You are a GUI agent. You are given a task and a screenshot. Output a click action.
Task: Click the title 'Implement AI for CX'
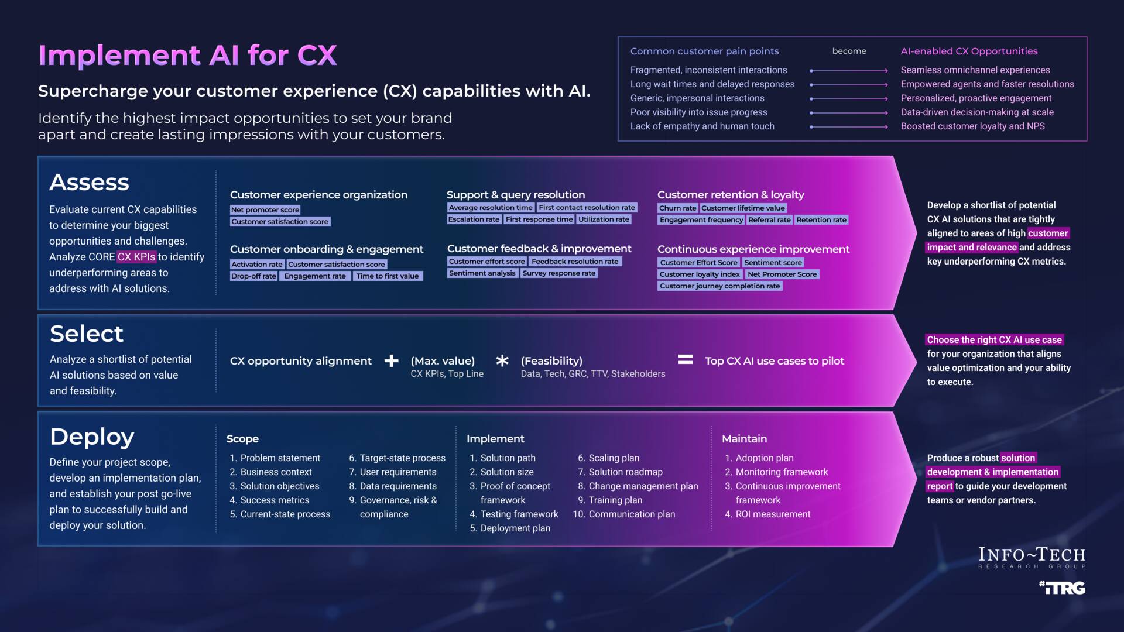click(187, 56)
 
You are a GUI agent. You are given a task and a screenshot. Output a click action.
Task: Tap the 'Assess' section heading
click(89, 183)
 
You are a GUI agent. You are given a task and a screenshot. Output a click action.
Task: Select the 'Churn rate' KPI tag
click(677, 208)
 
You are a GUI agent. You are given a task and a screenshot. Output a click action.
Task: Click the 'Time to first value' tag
click(387, 276)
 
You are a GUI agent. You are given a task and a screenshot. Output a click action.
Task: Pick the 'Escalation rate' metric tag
click(474, 219)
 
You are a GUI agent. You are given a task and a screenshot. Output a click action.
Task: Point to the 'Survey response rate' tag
click(558, 273)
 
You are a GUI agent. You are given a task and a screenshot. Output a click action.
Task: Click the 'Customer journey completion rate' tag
click(719, 286)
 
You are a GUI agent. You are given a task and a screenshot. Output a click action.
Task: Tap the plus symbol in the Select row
click(391, 361)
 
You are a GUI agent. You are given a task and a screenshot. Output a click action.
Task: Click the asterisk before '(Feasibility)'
click(502, 360)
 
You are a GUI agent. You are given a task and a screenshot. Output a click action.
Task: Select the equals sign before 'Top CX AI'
click(685, 360)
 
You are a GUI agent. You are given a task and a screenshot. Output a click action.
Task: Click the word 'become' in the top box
click(849, 51)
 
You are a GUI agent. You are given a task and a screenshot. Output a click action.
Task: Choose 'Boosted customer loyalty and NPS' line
click(972, 126)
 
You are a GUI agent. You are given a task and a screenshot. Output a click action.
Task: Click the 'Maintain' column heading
click(744, 439)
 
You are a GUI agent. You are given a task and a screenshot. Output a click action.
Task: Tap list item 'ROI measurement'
click(773, 514)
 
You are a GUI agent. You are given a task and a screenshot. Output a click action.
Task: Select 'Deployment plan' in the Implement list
click(515, 528)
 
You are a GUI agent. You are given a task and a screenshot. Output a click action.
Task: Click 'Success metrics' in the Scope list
click(275, 500)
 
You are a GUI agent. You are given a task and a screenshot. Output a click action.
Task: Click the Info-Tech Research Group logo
click(1032, 557)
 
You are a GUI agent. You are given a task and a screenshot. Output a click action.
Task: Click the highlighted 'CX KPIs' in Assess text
click(136, 257)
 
